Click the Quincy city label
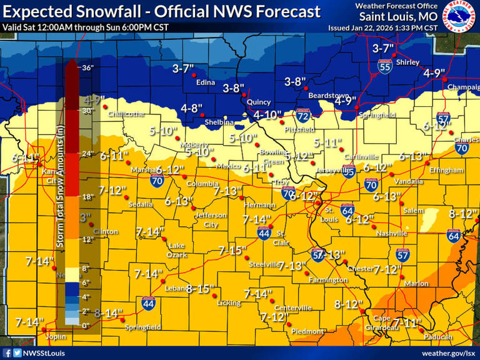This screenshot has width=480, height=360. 258,102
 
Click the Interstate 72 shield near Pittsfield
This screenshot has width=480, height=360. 302,116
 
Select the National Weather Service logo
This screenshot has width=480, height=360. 459,16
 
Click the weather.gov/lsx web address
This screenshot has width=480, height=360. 447,353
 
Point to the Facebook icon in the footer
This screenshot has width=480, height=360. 7,353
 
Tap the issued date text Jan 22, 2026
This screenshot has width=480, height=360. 382,28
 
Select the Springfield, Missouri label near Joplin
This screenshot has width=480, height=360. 142,327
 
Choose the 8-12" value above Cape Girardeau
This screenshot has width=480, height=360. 349,305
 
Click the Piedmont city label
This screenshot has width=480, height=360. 307,331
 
